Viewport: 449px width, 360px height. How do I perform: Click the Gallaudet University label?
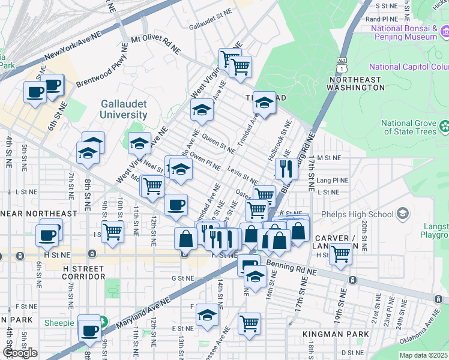point(123,109)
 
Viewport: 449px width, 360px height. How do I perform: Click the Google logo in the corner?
point(20,353)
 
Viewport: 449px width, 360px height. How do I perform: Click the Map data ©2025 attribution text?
point(417,355)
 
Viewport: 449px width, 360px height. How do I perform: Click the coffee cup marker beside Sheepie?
point(89,329)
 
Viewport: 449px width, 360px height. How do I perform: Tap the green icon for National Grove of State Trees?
point(444,126)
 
